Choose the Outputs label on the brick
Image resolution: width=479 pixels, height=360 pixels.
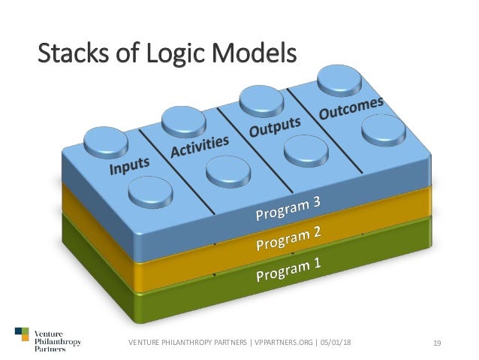[x=275, y=126]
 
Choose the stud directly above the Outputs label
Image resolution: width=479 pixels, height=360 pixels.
[x=260, y=98]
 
